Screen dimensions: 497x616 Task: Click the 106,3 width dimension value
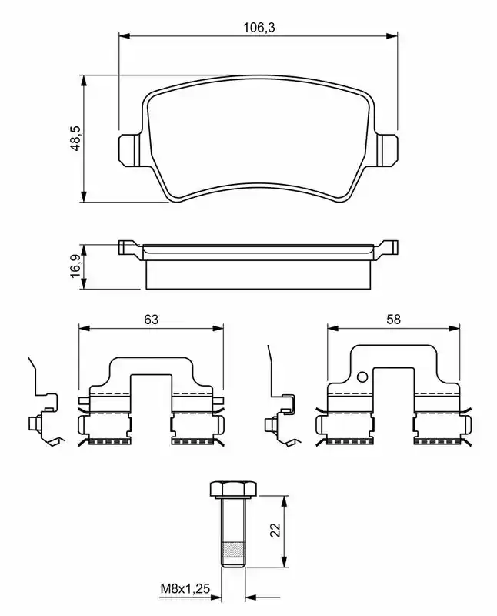tap(259, 28)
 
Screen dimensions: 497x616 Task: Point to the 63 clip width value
tap(151, 320)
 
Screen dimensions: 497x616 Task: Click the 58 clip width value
tap(393, 320)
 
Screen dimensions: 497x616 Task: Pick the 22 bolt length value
tap(276, 530)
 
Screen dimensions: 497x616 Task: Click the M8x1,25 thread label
tap(185, 588)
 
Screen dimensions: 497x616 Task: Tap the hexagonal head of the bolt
tap(233, 488)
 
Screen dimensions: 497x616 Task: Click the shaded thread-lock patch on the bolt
tap(233, 549)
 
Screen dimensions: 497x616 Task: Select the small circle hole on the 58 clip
tap(362, 377)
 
